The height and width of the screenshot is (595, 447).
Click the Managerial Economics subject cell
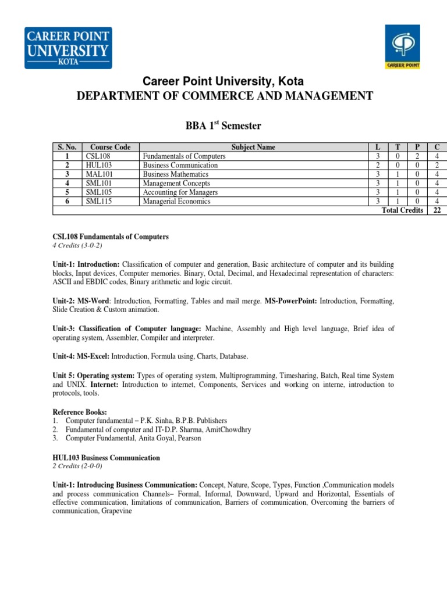click(176, 202)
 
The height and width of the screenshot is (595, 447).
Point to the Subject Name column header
click(253, 148)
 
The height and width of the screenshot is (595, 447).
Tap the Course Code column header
click(111, 148)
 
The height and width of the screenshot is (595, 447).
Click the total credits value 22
click(437, 210)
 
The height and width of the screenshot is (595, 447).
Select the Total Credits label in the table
click(402, 210)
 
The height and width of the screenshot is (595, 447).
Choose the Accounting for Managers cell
click(180, 192)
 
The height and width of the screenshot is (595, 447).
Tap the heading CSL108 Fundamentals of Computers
click(110, 236)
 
